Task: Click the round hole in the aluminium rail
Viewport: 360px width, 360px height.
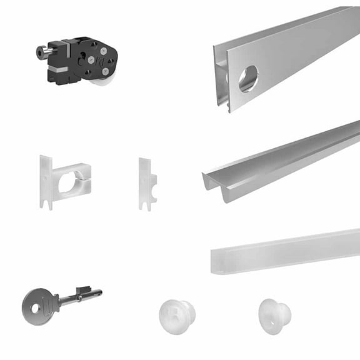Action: [247, 79]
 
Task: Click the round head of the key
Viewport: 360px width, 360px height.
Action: [39, 306]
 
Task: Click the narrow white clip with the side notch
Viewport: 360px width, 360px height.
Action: [147, 182]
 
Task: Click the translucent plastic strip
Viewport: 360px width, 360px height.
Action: [284, 250]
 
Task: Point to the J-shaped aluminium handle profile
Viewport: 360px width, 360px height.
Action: [281, 161]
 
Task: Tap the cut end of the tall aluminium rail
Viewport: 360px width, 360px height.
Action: [221, 75]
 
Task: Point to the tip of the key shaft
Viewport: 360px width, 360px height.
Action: [99, 292]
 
